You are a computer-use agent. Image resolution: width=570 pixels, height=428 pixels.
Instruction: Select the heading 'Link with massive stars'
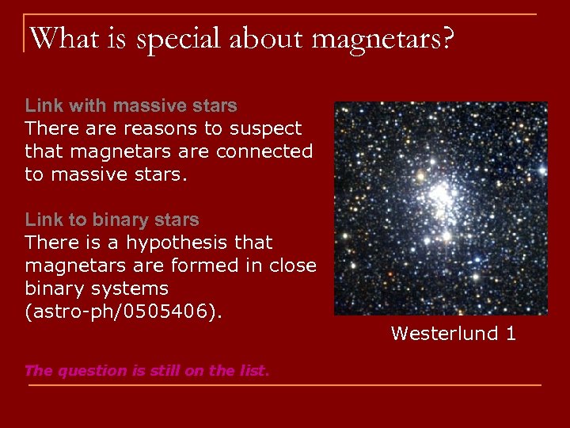pyautogui.click(x=131, y=105)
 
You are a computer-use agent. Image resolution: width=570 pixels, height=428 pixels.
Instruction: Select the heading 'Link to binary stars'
pyautogui.click(x=112, y=220)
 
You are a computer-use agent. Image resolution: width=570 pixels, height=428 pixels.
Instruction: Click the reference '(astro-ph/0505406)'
pyautogui.click(x=123, y=311)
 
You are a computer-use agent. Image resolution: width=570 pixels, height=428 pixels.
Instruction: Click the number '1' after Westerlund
pyautogui.click(x=510, y=334)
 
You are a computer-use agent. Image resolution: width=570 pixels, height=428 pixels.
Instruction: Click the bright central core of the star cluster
pyautogui.click(x=440, y=194)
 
